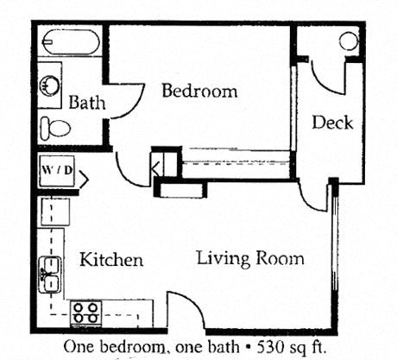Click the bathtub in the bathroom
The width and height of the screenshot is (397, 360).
[x=70, y=41]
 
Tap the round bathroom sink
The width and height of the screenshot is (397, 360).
[x=50, y=85]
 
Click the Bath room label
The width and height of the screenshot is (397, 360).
[x=87, y=103]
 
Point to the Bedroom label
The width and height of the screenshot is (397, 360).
[x=199, y=91]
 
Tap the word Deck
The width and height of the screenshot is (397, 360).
[x=332, y=123]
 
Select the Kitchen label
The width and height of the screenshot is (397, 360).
[x=111, y=260]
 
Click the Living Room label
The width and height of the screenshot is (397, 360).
[x=249, y=258]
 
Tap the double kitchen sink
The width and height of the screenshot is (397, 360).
[x=50, y=275]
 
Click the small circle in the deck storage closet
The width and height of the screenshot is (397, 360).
[x=348, y=41]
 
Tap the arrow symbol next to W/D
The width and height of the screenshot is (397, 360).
[x=83, y=180]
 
